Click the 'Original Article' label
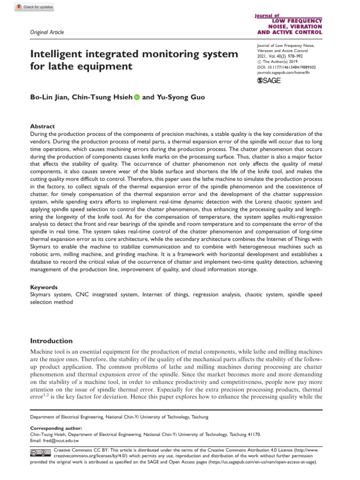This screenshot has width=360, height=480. [47, 32]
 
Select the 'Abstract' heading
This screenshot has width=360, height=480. [43, 127]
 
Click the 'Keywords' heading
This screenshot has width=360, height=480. [44, 287]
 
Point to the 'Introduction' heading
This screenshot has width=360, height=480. [51, 341]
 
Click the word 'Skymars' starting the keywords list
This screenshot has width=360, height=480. [41, 294]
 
